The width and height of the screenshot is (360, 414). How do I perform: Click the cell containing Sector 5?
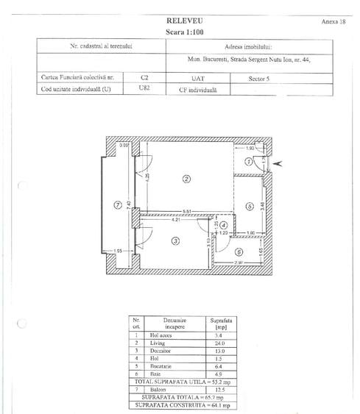click(x=280, y=76)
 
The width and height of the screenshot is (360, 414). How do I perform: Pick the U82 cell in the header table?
click(x=144, y=89)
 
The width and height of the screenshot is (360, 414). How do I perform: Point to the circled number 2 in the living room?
click(x=187, y=179)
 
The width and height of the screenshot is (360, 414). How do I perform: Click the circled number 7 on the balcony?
click(x=117, y=204)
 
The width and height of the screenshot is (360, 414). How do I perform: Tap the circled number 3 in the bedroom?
click(x=176, y=240)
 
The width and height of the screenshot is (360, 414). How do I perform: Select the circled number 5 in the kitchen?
click(x=250, y=207)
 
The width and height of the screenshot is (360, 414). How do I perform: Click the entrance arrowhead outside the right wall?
click(x=277, y=164)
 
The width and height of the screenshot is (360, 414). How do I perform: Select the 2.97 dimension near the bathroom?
click(x=239, y=263)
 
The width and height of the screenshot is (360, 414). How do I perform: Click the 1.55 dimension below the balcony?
click(x=118, y=251)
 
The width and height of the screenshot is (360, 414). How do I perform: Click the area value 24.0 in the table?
click(x=220, y=343)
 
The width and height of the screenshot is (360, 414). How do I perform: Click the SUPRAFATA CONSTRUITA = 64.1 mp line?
click(x=188, y=405)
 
